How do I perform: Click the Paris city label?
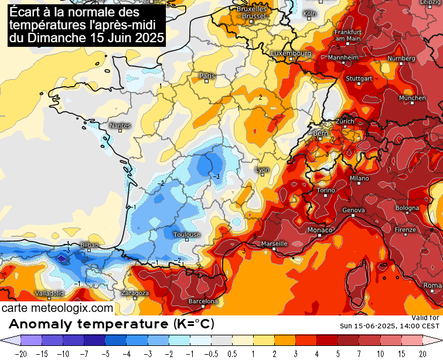tap(207, 76)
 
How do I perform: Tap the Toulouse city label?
tap(186, 235)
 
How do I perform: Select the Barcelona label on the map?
tap(203, 301)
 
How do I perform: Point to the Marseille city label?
tap(274, 243)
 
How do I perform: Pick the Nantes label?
tap(120, 125)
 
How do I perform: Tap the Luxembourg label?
tap(291, 53)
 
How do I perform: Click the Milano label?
tap(359, 178)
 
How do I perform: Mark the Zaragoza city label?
tap(135, 293)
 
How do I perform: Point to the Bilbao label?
tap(89, 245)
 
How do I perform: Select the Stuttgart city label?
tap(359, 79)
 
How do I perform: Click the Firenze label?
tap(404, 230)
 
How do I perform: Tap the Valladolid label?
tap(49, 293)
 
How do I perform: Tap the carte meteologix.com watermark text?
tap(57, 308)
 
